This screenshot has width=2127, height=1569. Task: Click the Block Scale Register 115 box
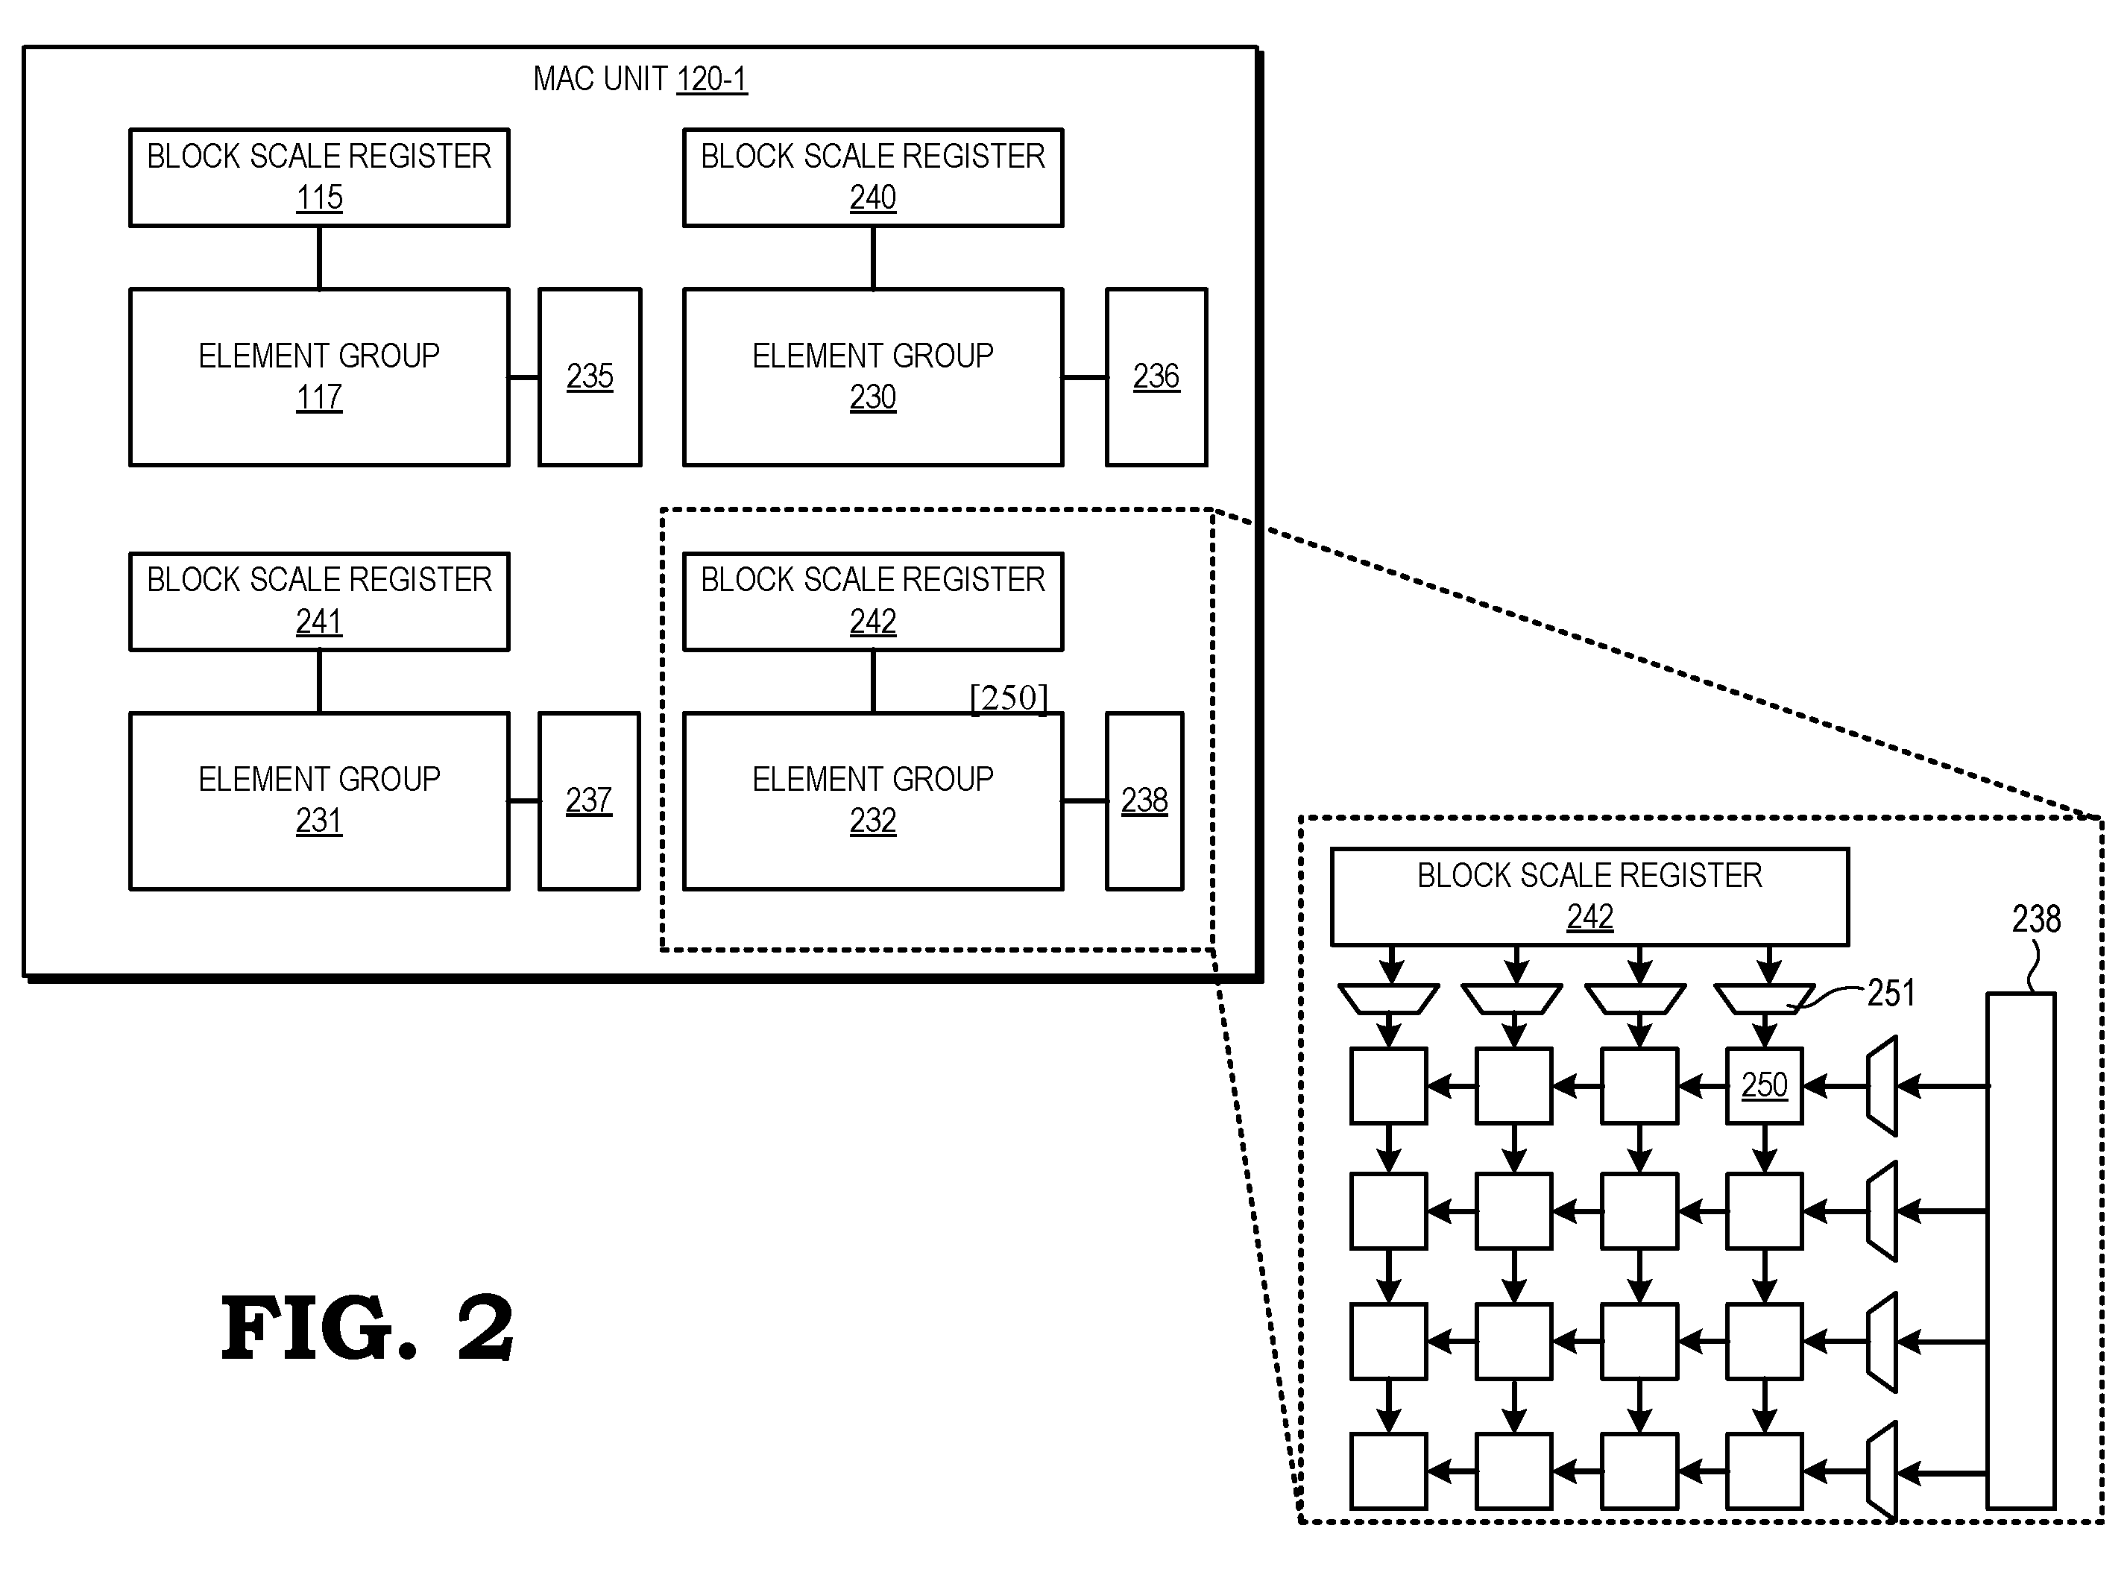[x=319, y=177]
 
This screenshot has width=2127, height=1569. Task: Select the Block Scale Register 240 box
[x=873, y=177]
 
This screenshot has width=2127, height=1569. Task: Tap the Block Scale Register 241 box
[x=319, y=602]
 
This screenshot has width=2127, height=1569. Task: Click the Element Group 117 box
[x=319, y=377]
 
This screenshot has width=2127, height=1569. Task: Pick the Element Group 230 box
[x=873, y=377]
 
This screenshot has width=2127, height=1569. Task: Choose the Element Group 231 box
[x=319, y=801]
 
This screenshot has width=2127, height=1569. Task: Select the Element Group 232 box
[x=873, y=801]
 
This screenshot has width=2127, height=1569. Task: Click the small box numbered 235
[x=590, y=377]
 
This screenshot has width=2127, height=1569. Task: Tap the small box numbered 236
[x=1156, y=377]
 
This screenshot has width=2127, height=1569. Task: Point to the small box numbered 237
[x=589, y=801]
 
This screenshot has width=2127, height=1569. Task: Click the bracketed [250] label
[x=1009, y=698]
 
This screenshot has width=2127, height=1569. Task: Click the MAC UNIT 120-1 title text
[x=640, y=79]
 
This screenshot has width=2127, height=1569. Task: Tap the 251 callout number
[x=1891, y=994]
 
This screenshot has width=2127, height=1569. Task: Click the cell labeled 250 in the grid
[x=1764, y=1085]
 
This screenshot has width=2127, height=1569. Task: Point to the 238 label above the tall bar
[x=2037, y=919]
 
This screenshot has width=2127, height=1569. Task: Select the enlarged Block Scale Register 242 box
[x=1589, y=897]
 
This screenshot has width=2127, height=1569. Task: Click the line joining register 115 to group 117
[x=319, y=257]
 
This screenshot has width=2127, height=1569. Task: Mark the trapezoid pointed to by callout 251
[x=1764, y=999]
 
